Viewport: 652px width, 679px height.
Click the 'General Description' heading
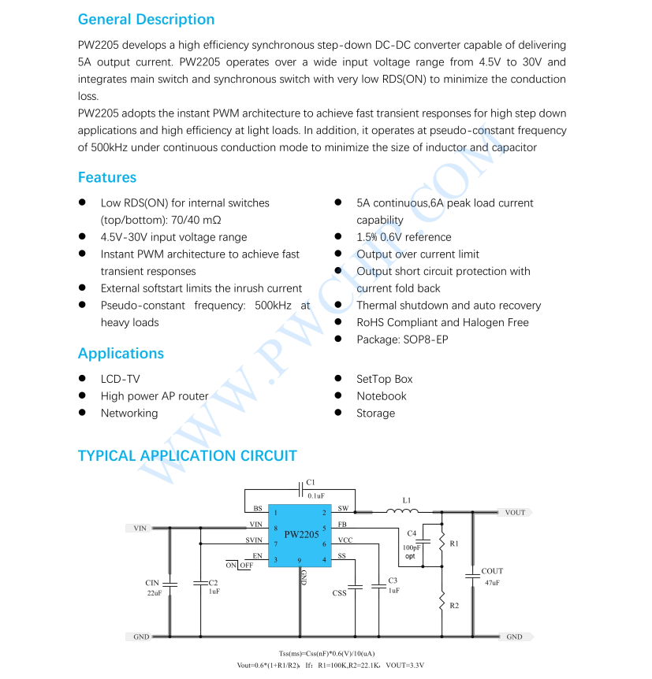tap(146, 20)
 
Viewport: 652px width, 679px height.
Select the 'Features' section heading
tap(107, 177)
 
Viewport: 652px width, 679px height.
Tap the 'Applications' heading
tap(121, 354)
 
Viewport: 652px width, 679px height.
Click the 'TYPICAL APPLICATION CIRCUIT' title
tap(187, 456)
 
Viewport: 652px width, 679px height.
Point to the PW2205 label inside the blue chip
tap(301, 535)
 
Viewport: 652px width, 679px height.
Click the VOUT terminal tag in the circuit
tap(514, 513)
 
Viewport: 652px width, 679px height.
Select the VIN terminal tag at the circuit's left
tap(140, 528)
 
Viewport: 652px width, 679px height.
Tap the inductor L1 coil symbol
tap(402, 511)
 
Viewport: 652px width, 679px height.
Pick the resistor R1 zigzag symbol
tap(441, 543)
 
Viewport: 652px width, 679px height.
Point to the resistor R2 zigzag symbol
tap(441, 603)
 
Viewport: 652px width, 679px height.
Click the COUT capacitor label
tap(492, 571)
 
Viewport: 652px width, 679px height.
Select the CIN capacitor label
tap(152, 583)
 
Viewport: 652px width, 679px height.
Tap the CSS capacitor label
tap(339, 592)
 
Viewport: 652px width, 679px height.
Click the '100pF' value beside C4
tap(412, 547)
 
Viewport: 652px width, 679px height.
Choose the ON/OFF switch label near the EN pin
tap(240, 566)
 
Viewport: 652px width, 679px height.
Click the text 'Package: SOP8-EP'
tap(402, 339)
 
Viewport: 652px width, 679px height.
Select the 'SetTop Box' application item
tap(384, 379)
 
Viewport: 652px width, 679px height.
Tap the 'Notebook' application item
tap(381, 396)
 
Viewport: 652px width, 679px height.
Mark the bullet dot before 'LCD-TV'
tap(82, 379)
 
